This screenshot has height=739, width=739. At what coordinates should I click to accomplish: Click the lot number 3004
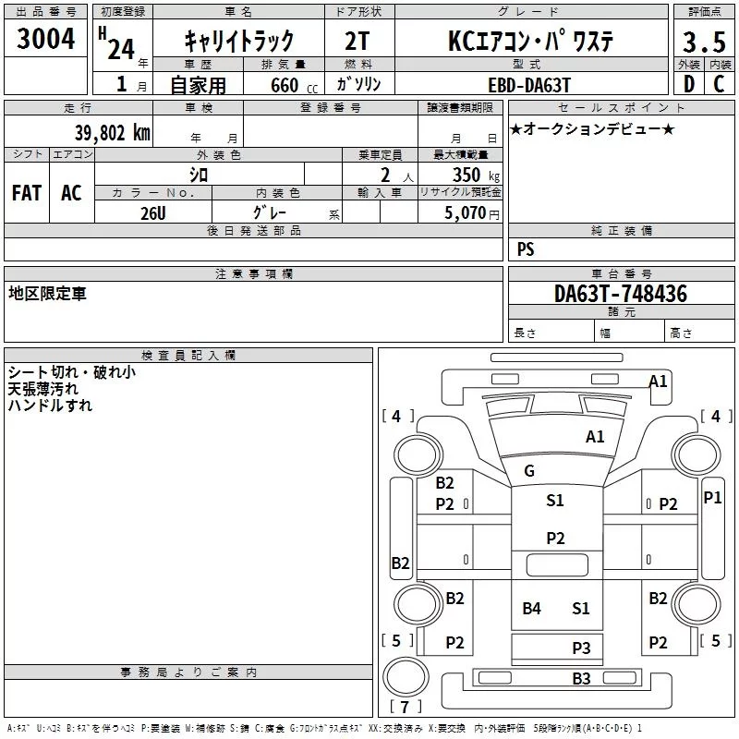tap(46, 39)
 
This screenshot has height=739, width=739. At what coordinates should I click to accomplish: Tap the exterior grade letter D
tap(688, 83)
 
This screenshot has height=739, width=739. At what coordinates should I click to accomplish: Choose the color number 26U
tap(153, 212)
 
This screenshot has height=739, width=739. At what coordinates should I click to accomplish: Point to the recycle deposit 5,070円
tap(473, 213)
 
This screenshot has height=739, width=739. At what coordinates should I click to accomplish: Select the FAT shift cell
tap(27, 193)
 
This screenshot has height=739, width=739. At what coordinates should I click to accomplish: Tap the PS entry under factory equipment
tap(526, 249)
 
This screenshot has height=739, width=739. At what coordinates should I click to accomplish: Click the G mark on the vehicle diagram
tap(529, 471)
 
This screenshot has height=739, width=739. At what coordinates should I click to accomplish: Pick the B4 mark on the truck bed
tap(531, 608)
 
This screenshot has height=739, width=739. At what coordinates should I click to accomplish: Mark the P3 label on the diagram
tap(581, 648)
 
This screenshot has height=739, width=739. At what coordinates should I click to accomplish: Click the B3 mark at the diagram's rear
tap(581, 679)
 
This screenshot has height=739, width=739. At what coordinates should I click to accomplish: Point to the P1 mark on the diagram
tap(712, 497)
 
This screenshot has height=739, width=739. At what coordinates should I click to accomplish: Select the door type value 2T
tap(357, 42)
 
